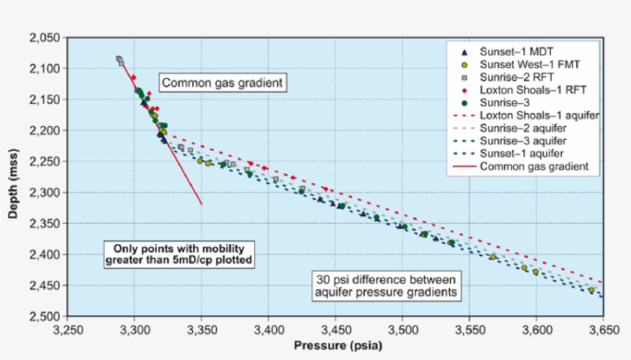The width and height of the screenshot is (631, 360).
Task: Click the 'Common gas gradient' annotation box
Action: tap(222, 82)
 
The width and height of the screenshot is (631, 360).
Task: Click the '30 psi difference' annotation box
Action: tap(386, 285)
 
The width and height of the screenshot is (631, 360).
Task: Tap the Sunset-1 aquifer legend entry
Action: tap(524, 152)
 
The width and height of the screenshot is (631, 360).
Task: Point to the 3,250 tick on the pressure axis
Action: tap(68, 328)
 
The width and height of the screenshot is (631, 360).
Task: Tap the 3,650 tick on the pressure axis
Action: tap(603, 328)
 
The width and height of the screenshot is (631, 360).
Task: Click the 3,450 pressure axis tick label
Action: tap(336, 328)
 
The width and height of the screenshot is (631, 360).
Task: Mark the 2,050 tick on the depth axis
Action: tap(47, 38)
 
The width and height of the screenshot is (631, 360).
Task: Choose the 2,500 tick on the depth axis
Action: tap(47, 316)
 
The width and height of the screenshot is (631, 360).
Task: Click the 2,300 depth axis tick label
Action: tap(47, 192)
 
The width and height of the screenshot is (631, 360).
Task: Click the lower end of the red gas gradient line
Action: tap(202, 204)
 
